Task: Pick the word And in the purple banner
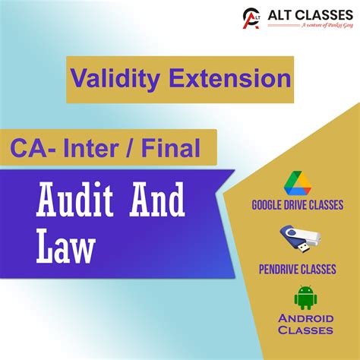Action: point(157,204)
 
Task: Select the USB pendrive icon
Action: point(297,239)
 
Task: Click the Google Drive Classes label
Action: point(297,205)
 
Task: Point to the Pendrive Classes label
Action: point(297,269)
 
